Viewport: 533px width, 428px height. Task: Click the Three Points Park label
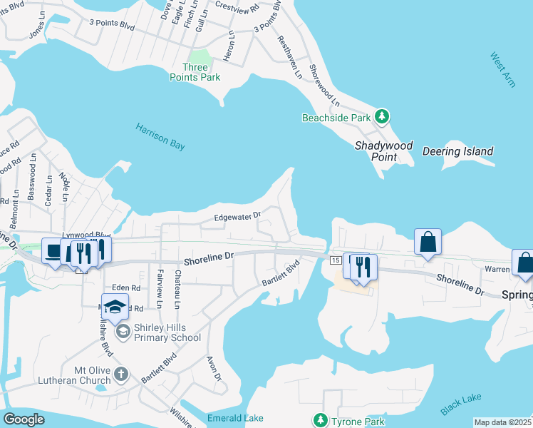pyautogui.click(x=195, y=72)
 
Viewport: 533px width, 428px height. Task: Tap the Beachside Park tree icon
pyautogui.click(x=383, y=116)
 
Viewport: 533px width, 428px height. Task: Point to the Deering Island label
pyautogui.click(x=457, y=151)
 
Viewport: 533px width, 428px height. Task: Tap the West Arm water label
pyautogui.click(x=503, y=69)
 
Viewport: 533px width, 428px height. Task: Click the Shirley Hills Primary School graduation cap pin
pyautogui.click(x=115, y=307)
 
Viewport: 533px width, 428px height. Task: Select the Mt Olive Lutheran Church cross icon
pyautogui.click(x=122, y=373)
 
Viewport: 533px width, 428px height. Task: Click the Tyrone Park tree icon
pyautogui.click(x=321, y=420)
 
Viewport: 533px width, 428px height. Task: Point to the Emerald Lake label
pyautogui.click(x=235, y=418)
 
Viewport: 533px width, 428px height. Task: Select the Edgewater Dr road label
pyautogui.click(x=238, y=215)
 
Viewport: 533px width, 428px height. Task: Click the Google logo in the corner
pyautogui.click(x=24, y=419)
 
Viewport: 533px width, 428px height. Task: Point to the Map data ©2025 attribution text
pyautogui.click(x=502, y=422)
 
